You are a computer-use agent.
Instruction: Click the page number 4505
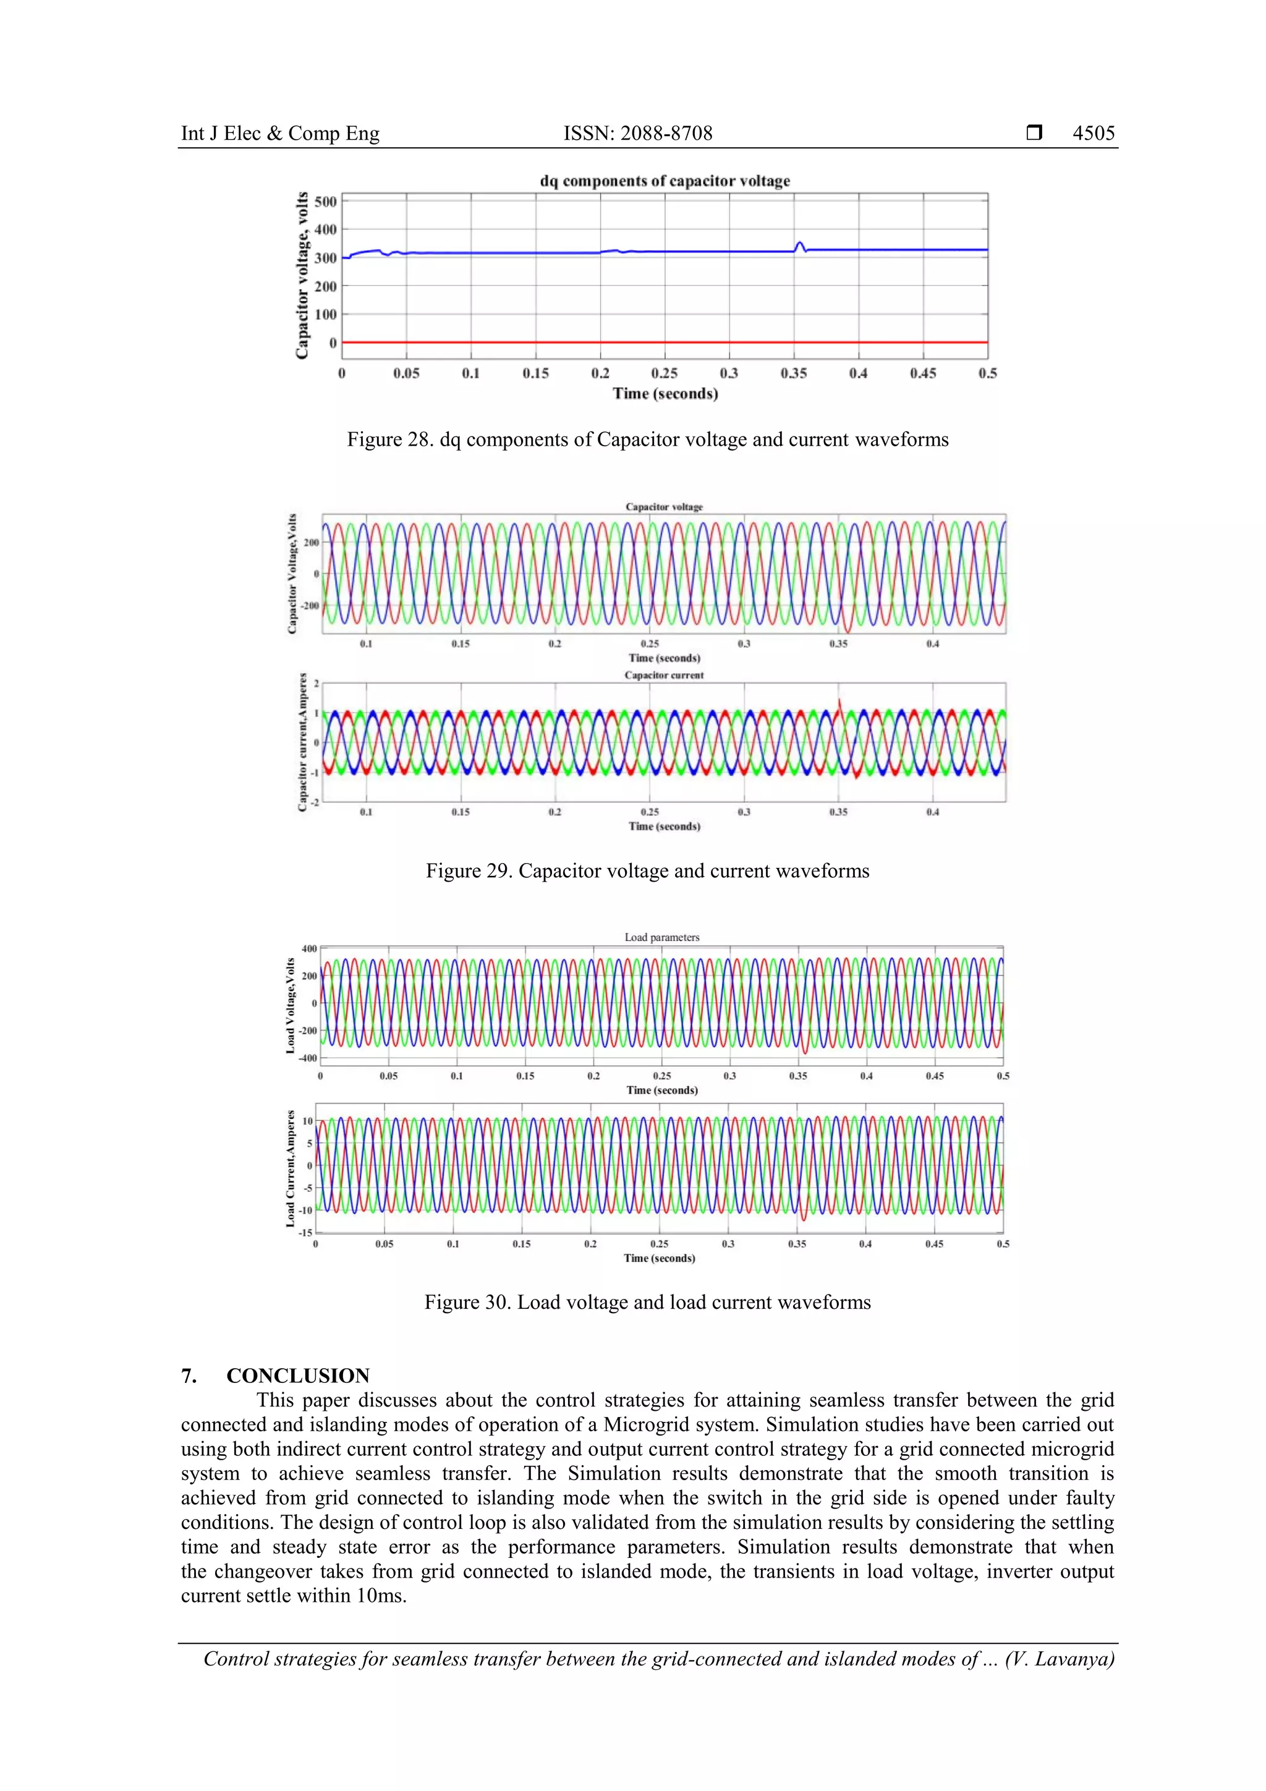[x=1093, y=134]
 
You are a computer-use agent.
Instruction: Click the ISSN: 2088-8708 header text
[x=637, y=134]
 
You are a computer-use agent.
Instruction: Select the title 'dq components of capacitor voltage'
[x=665, y=181]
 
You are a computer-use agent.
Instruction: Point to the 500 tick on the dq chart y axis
[x=325, y=202]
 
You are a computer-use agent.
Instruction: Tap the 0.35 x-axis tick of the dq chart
[x=793, y=373]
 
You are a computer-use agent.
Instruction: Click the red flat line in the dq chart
[x=663, y=342]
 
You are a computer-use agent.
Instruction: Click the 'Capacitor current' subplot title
[x=664, y=676]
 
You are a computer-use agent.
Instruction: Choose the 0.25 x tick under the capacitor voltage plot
[x=649, y=644]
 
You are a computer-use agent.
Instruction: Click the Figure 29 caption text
[x=647, y=871]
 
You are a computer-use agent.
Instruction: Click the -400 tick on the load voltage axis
[x=309, y=1058]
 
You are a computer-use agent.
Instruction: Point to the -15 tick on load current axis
[x=306, y=1233]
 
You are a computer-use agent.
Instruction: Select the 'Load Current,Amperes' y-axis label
[x=290, y=1168]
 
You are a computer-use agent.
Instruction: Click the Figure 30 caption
[x=647, y=1303]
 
